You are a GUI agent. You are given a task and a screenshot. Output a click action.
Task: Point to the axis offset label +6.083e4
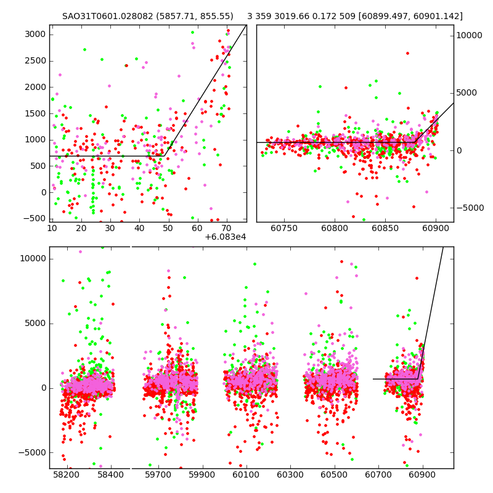[226, 237]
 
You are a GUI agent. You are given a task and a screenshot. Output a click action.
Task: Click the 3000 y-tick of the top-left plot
[35, 34]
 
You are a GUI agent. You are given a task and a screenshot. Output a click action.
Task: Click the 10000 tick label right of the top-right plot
[470, 36]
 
